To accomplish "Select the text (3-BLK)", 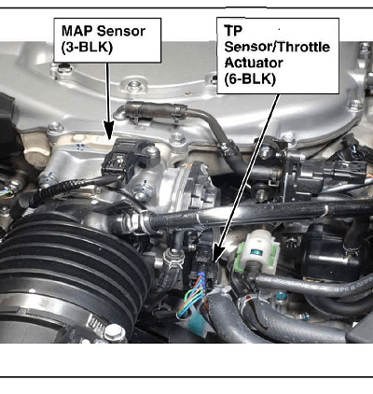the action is [x=87, y=48].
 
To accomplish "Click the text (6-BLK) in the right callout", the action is [x=250, y=78].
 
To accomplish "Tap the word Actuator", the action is [x=254, y=63].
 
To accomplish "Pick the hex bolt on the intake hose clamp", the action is [x=115, y=332].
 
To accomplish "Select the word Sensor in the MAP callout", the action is [x=121, y=31].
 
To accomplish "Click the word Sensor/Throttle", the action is [x=277, y=47].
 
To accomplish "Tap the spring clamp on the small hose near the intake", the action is [x=173, y=260].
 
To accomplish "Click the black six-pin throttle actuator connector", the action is [x=203, y=260].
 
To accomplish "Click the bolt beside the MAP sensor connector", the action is [x=151, y=150].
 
